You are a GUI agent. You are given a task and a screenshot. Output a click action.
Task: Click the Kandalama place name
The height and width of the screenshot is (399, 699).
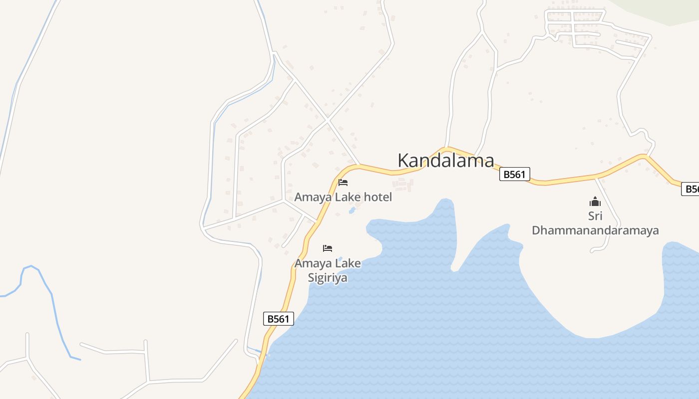click(x=445, y=161)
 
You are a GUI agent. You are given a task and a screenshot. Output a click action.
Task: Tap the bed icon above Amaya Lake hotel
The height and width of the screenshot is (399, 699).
click(x=343, y=183)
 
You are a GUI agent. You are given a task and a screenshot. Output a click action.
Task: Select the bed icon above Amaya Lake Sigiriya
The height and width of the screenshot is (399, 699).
click(x=328, y=248)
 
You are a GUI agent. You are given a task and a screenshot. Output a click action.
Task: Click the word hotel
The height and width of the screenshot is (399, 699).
click(x=377, y=197)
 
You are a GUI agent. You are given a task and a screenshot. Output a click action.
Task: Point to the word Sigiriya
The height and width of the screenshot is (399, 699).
click(x=327, y=278)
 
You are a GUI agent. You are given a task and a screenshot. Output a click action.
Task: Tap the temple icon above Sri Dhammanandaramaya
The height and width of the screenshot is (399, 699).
click(x=595, y=201)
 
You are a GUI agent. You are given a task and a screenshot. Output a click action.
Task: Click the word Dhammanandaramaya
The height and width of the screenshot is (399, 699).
click(x=595, y=230)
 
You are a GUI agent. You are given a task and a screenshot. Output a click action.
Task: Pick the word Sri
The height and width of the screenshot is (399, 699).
click(x=595, y=216)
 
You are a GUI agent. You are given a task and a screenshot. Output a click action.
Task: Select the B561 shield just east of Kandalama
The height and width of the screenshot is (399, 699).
click(x=514, y=174)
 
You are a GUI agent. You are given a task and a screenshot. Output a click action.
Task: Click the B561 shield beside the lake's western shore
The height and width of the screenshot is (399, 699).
click(x=279, y=319)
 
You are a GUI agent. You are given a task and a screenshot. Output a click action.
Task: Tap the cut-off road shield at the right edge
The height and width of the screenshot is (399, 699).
click(x=691, y=189)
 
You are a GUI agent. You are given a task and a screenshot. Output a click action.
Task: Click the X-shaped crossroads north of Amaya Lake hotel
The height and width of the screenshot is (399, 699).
click(x=327, y=120)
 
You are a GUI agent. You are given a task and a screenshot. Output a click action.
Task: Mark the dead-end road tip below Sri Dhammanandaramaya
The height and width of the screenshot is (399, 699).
click(x=592, y=251)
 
